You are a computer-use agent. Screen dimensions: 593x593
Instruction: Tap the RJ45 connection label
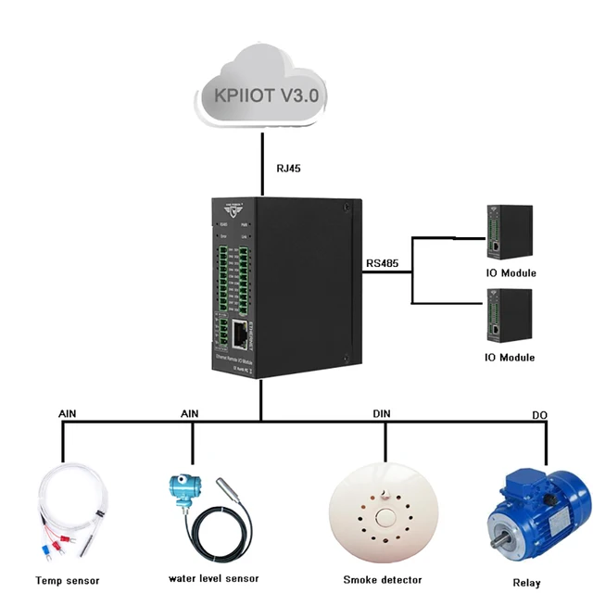pyautogui.click(x=288, y=170)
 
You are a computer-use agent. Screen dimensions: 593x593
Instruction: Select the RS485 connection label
pyautogui.click(x=382, y=263)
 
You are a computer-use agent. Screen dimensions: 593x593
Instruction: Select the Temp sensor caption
pyautogui.click(x=67, y=581)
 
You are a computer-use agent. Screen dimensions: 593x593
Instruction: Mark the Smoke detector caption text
pyautogui.click(x=381, y=579)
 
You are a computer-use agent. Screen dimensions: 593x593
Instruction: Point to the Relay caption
pyautogui.click(x=526, y=583)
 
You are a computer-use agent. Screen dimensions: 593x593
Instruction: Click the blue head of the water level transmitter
pyautogui.click(x=182, y=489)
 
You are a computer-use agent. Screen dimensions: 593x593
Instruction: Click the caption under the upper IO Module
pyautogui.click(x=511, y=273)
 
